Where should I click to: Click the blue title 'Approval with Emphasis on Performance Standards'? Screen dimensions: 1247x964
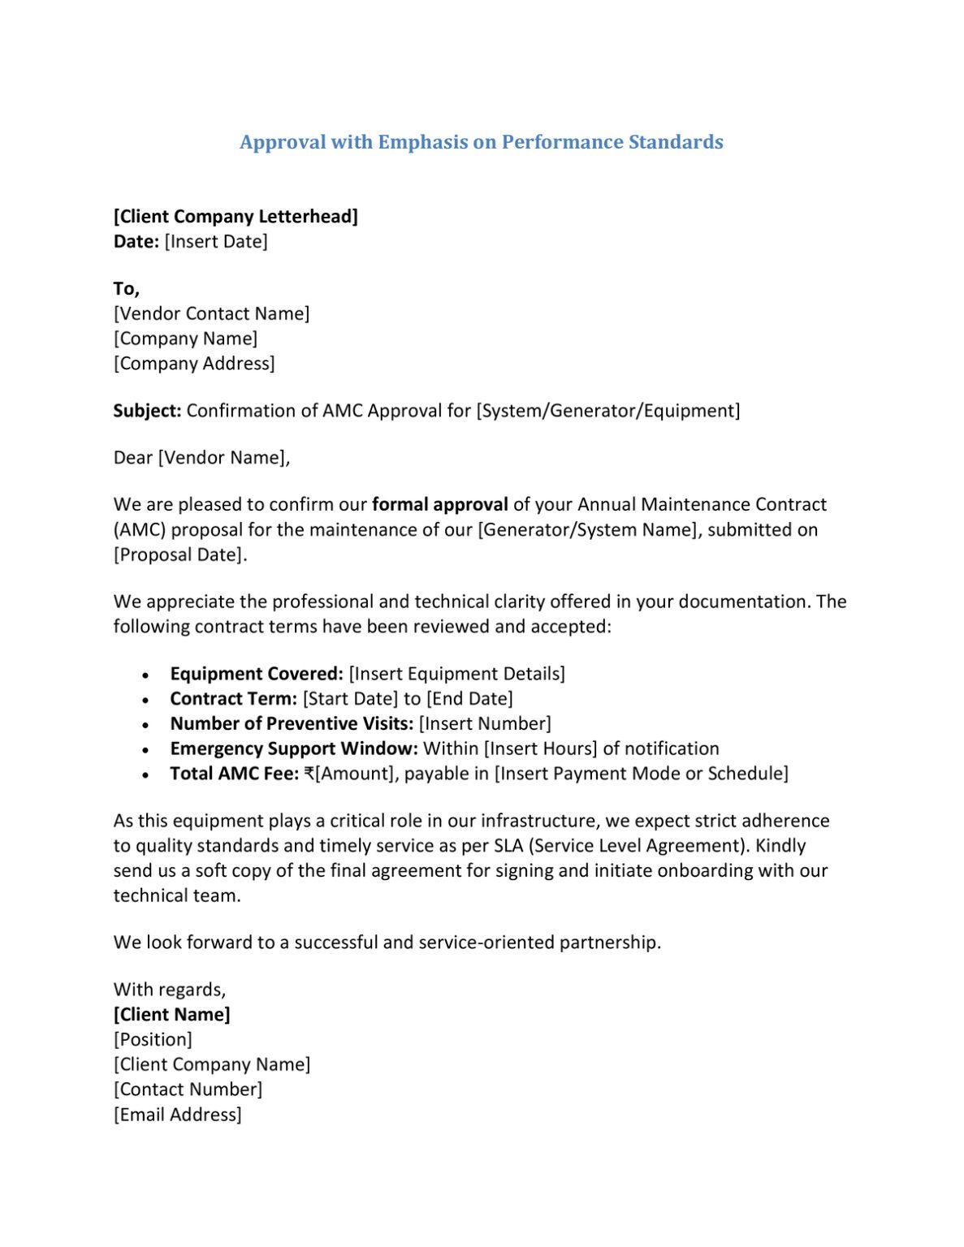481,142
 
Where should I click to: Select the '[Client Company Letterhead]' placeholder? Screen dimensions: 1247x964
236,216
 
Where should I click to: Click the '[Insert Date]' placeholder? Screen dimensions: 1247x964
216,241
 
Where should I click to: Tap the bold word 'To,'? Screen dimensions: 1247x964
127,288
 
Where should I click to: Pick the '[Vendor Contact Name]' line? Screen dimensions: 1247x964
211,313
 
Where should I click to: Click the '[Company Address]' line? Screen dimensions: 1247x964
194,363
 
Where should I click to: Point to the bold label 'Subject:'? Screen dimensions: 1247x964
147,410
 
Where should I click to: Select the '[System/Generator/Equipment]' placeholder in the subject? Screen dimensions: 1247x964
608,410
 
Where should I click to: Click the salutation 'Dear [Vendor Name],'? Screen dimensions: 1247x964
201,457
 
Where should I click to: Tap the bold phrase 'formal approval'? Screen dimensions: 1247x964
439,504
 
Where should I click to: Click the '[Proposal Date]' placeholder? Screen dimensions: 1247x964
179,554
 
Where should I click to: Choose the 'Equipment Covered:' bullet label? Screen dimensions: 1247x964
257,673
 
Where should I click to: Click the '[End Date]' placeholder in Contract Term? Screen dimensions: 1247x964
469,698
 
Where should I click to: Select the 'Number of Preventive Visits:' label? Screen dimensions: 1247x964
292,723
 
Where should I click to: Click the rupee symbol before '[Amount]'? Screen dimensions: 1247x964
309,774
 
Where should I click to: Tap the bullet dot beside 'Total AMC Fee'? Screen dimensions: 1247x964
145,775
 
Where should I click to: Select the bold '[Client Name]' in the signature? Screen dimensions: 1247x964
172,1014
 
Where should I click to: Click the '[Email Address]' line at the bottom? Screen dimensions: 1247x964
178,1114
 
